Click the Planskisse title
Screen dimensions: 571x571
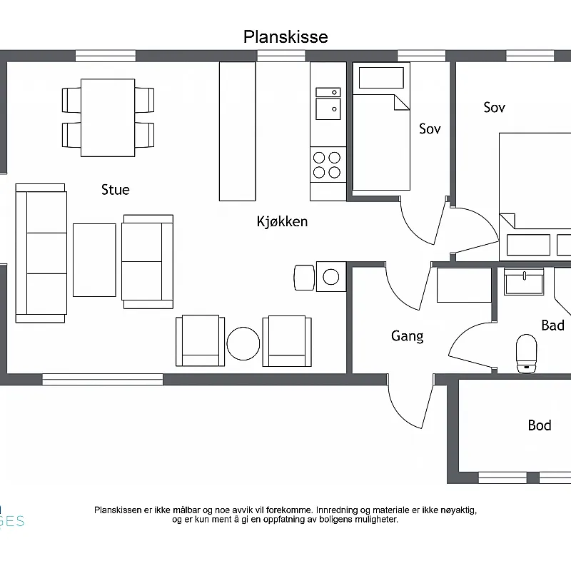[285, 37]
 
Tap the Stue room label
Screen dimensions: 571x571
[115, 190]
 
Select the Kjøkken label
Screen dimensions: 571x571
[282, 221]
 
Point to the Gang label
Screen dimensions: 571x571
[407, 336]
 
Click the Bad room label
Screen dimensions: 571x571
[552, 325]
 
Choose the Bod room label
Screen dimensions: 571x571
[540, 425]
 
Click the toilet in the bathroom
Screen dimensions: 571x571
[527, 353]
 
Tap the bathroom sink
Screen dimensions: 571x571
[524, 281]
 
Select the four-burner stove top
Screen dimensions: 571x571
[328, 165]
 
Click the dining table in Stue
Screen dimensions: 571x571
[108, 118]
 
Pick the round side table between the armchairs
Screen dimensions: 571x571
[243, 343]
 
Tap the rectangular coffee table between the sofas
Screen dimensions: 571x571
[94, 260]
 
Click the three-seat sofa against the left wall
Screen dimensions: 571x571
[41, 253]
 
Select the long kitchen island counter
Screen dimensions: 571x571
[238, 131]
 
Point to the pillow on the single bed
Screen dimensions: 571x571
[381, 78]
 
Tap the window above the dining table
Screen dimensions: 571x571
[106, 56]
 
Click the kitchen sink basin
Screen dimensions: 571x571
[328, 109]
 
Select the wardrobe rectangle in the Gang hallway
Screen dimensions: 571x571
[464, 285]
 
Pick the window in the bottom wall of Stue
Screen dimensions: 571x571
[103, 380]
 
